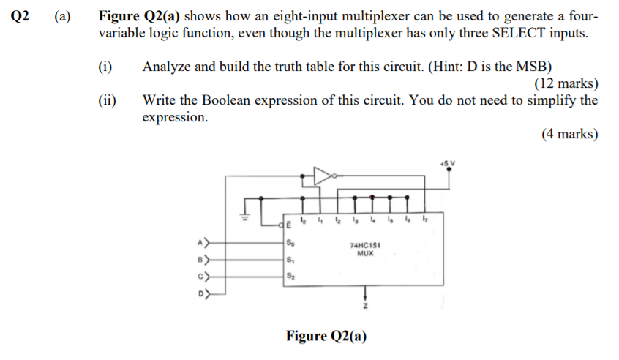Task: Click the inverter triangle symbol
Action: coord(322,176)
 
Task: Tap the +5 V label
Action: coord(447,160)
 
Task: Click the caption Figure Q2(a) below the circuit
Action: coord(326,336)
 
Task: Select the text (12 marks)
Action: coord(566,83)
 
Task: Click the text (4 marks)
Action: coord(569,134)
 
